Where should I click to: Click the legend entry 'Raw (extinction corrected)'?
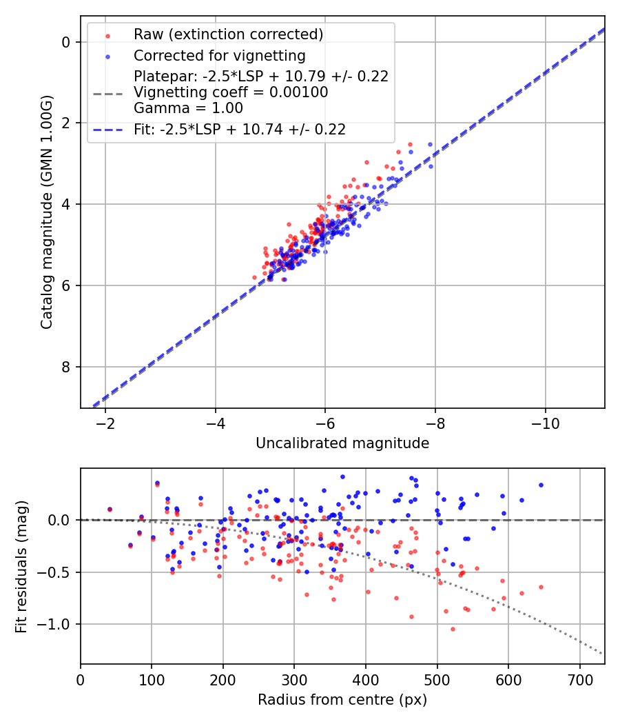(x=228, y=34)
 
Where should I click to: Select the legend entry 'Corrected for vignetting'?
(x=219, y=55)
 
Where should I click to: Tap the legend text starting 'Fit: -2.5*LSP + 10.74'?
(x=240, y=129)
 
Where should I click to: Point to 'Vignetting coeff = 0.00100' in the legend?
(x=231, y=92)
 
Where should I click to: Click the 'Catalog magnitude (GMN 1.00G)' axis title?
(x=46, y=212)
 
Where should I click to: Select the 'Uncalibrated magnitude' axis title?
(x=342, y=443)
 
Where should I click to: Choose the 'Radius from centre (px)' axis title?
(x=342, y=700)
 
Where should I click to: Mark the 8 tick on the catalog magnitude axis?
(x=66, y=367)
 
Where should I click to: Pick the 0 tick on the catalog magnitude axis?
(x=66, y=42)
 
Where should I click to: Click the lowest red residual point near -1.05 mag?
(x=453, y=629)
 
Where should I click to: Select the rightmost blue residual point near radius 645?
(x=541, y=485)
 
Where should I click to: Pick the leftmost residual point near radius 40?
(x=110, y=510)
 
